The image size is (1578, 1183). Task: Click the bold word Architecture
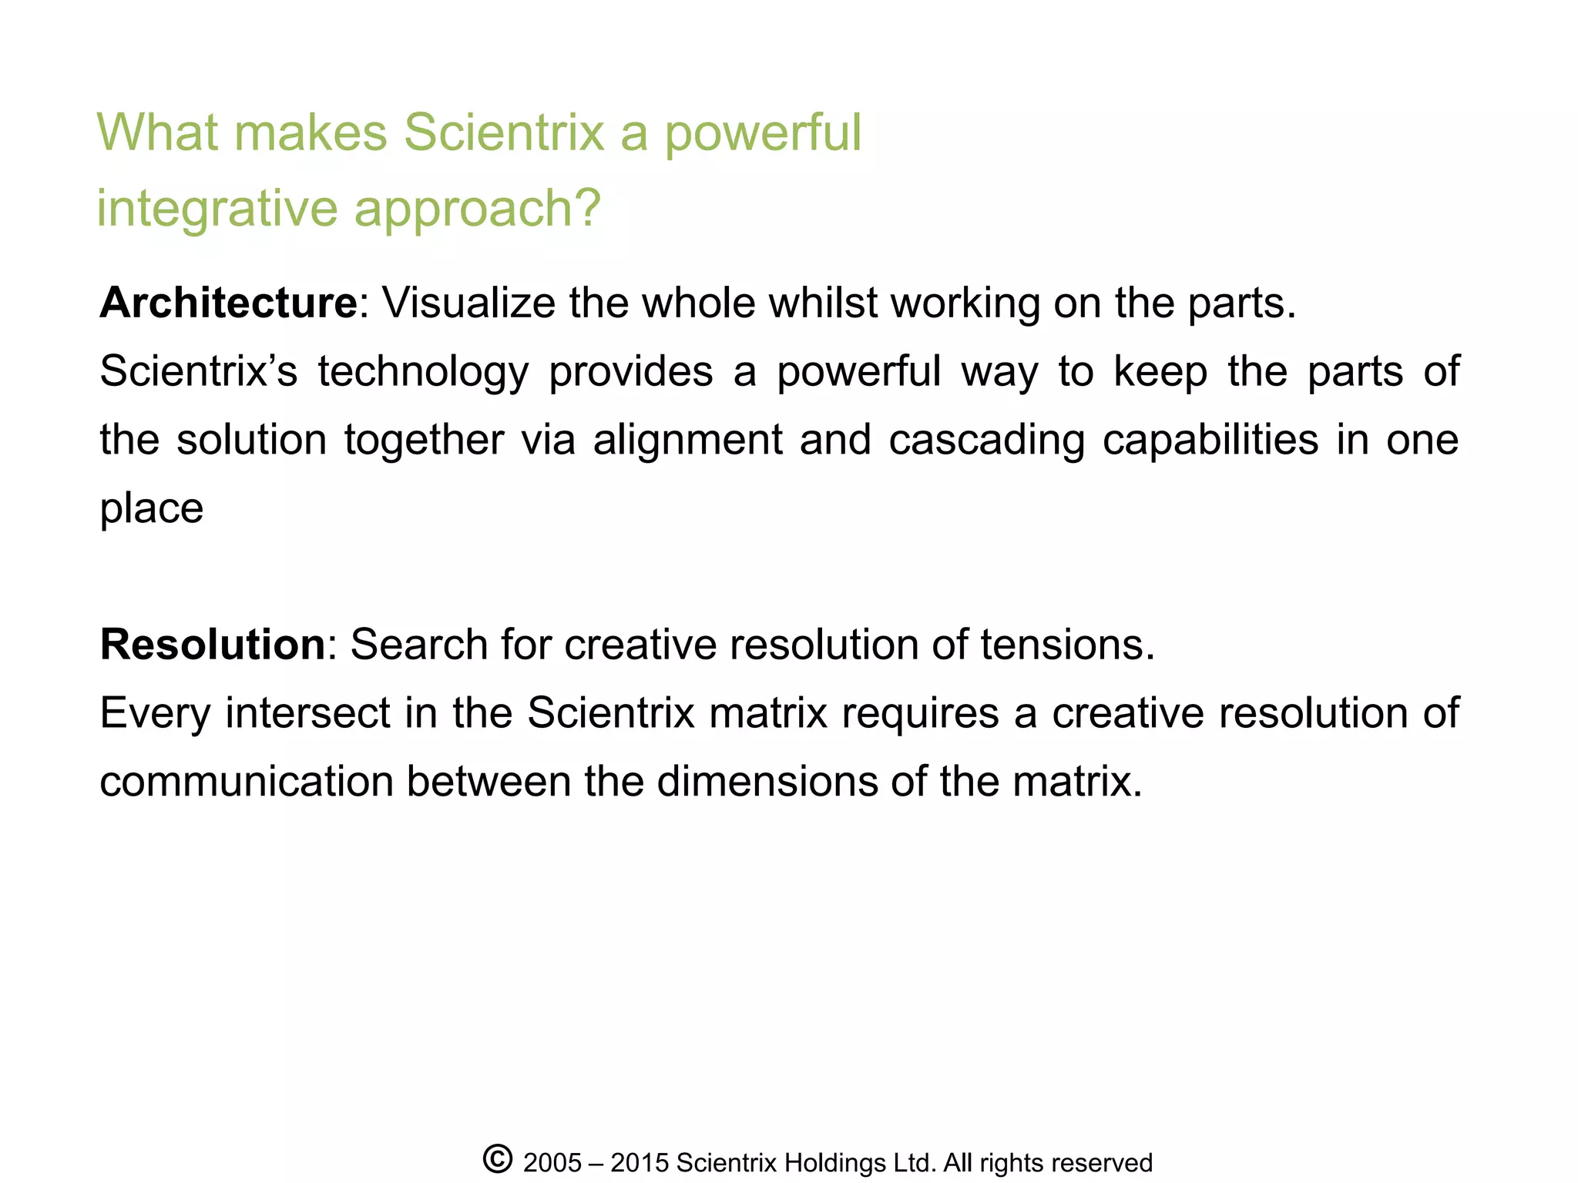(228, 303)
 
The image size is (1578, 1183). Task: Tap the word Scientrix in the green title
(504, 132)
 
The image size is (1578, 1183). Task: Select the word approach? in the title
(477, 209)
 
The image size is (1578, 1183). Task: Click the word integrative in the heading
(217, 209)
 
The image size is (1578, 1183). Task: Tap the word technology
(423, 372)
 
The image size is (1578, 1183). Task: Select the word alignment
(687, 441)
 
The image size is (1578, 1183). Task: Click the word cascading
(986, 441)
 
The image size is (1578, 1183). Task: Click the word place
(152, 509)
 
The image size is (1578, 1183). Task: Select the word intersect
(308, 712)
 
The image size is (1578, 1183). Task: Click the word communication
(247, 781)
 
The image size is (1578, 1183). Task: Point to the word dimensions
(767, 781)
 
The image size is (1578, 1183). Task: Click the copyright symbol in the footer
(498, 1159)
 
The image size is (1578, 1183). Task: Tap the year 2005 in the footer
(552, 1163)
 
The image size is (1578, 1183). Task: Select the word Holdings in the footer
(834, 1163)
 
